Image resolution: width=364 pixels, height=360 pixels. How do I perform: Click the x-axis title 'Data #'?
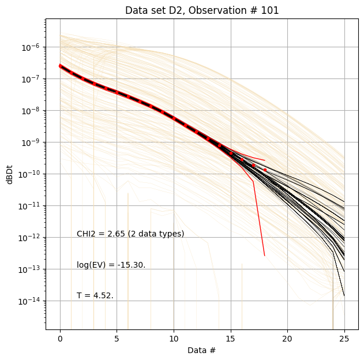coord(202,350)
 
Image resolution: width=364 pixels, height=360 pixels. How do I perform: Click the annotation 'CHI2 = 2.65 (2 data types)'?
coord(130,234)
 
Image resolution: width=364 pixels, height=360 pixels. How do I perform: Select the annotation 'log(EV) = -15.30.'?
coord(111,265)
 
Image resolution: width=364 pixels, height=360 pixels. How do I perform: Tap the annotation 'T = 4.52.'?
coord(95,296)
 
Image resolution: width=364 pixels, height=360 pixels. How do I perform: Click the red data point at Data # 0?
coord(60,66)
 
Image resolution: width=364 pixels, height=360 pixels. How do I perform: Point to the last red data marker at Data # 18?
coord(265,170)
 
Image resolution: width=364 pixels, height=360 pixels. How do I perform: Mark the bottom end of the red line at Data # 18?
coord(265,256)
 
